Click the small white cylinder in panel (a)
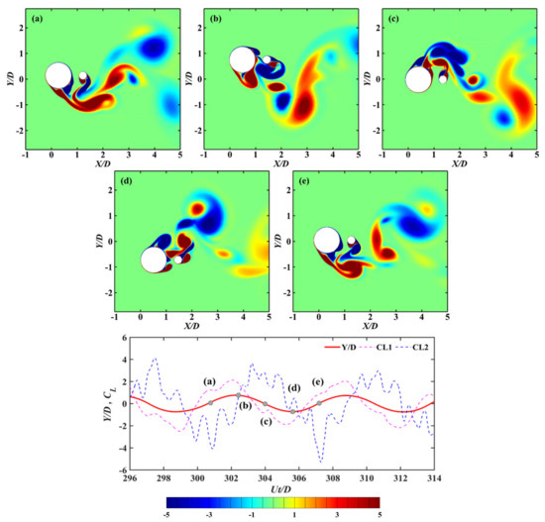coord(84,77)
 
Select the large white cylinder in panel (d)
coord(154,260)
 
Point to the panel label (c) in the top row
coord(394,18)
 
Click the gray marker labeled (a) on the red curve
coord(210,402)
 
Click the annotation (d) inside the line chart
coord(293,385)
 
